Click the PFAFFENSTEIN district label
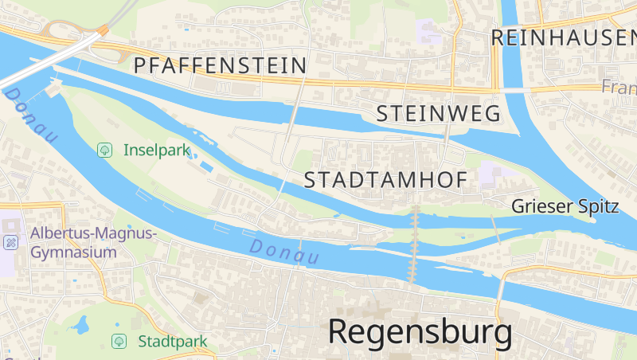click(221, 65)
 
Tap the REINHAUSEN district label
click(563, 37)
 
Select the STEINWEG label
click(438, 113)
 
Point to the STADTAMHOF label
click(385, 181)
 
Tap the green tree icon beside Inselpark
click(104, 149)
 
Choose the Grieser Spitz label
click(565, 206)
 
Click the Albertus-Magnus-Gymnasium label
click(94, 242)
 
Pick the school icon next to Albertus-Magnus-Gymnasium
click(10, 242)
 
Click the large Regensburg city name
click(420, 332)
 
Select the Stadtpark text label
click(172, 342)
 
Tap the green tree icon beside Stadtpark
click(119, 342)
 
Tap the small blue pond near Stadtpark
click(80, 324)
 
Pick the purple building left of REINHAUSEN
click(429, 32)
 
